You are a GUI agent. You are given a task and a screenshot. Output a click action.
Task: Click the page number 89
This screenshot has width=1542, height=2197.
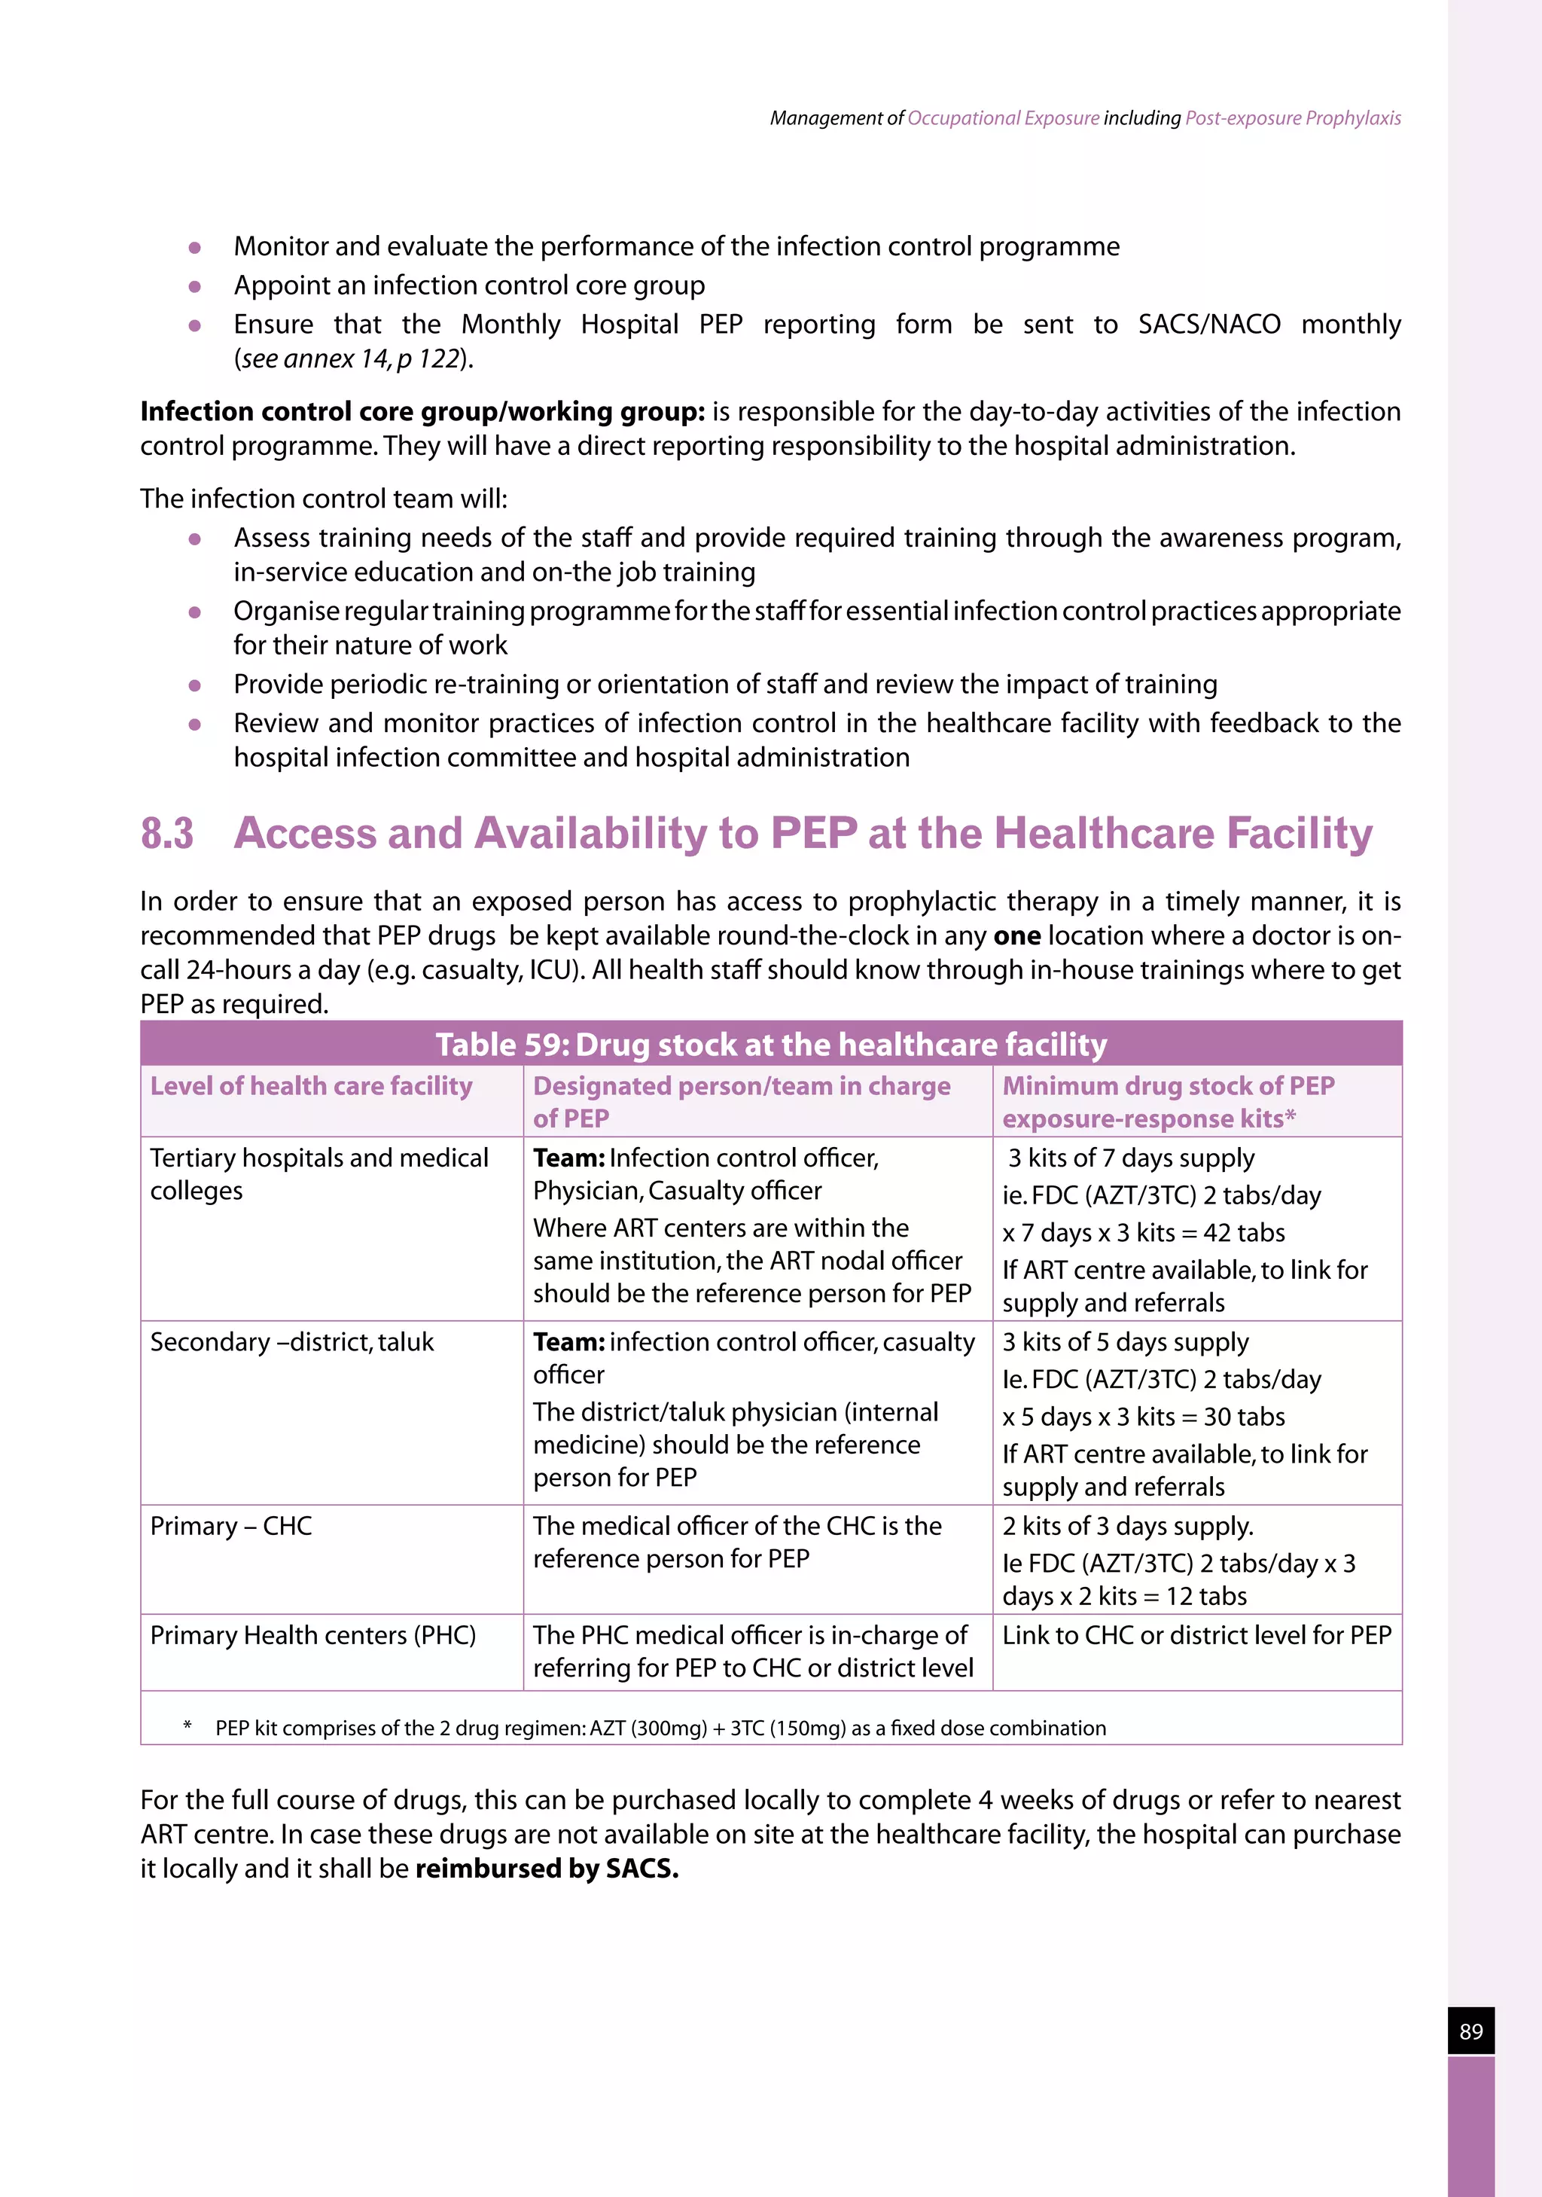point(1470,2031)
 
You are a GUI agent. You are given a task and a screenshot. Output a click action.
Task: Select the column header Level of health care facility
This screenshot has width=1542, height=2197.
point(311,1086)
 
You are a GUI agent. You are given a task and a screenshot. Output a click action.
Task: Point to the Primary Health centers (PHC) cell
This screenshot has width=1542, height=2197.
point(312,1634)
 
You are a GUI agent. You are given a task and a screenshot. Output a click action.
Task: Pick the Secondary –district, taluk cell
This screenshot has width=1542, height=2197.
point(291,1341)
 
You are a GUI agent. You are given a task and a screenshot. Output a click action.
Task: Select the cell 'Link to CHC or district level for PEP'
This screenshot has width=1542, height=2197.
point(1196,1634)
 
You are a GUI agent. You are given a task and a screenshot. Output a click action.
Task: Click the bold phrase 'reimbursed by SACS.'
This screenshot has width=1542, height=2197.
point(546,1868)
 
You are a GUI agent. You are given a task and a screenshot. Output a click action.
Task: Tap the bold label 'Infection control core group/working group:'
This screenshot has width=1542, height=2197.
point(422,411)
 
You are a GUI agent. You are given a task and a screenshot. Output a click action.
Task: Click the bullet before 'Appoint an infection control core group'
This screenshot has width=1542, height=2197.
point(195,286)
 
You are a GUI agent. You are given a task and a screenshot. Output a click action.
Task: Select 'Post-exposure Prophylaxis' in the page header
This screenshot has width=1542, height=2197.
point(1292,117)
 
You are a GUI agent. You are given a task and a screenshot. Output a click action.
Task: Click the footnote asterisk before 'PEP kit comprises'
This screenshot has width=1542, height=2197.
point(187,1726)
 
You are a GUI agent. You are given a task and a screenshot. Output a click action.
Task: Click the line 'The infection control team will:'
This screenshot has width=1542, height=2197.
point(323,499)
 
